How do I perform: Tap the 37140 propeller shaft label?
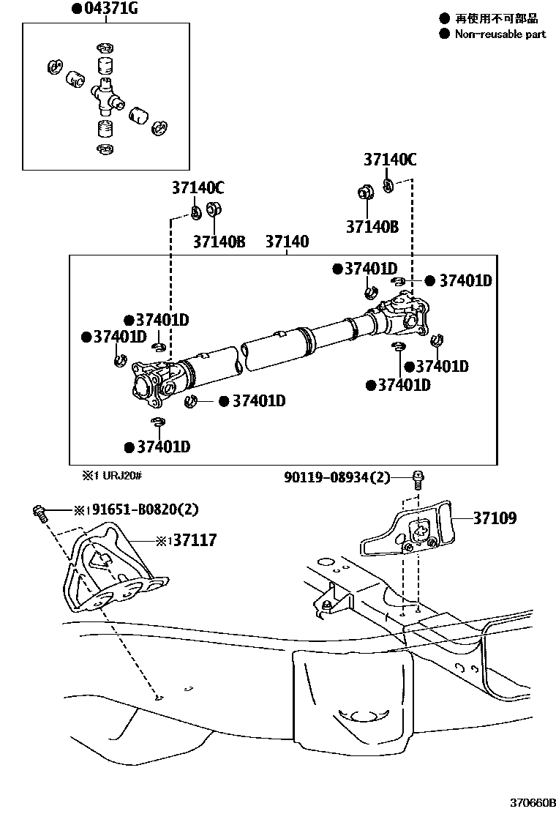287,242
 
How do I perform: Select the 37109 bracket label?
495,518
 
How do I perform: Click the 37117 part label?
195,540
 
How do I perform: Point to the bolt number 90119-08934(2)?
337,477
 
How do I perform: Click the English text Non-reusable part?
500,34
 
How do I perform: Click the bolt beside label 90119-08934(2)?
418,480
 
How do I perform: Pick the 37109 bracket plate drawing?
407,530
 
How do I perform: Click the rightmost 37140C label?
390,160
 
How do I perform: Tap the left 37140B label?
219,242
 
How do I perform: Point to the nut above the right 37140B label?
364,193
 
